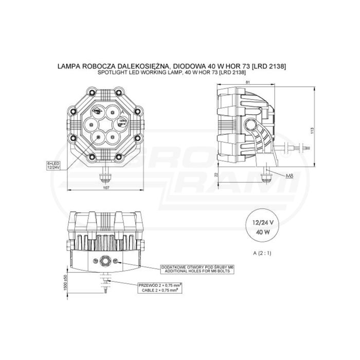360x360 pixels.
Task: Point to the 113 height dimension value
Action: (312, 131)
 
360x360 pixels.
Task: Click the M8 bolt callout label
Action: (289, 176)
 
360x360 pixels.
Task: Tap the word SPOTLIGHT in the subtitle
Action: (111, 74)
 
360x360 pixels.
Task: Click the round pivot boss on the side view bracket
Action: (252, 124)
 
